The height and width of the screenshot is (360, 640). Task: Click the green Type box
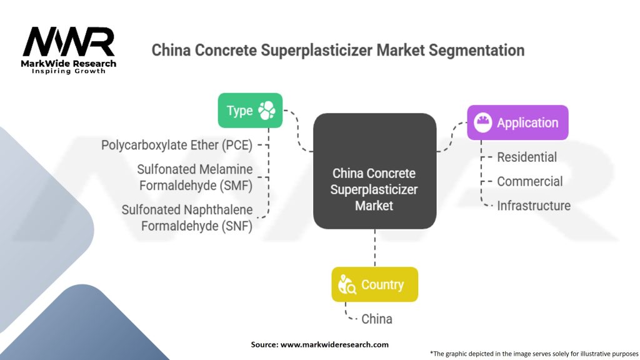tap(249, 111)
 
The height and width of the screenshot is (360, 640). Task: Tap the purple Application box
tap(517, 122)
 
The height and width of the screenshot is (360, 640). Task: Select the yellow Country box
tap(374, 284)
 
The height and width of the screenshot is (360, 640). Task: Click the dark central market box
tap(374, 170)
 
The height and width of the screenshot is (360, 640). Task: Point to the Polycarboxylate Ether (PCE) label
tap(177, 145)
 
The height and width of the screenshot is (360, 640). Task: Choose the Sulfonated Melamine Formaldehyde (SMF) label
tap(195, 177)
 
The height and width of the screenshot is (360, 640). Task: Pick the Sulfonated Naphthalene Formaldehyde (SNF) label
tap(187, 217)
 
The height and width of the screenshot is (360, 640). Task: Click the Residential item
tap(527, 157)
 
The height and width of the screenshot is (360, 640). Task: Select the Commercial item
tap(529, 181)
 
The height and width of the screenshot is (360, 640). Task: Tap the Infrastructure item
tap(533, 206)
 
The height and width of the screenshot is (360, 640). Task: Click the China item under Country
tap(377, 319)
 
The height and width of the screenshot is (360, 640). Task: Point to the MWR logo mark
tap(69, 41)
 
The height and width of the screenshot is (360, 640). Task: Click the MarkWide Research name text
tap(69, 63)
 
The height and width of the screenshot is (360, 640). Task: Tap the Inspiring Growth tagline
tap(69, 71)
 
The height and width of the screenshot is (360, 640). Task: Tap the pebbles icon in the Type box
tap(267, 111)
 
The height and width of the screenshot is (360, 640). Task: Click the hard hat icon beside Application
tap(483, 122)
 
